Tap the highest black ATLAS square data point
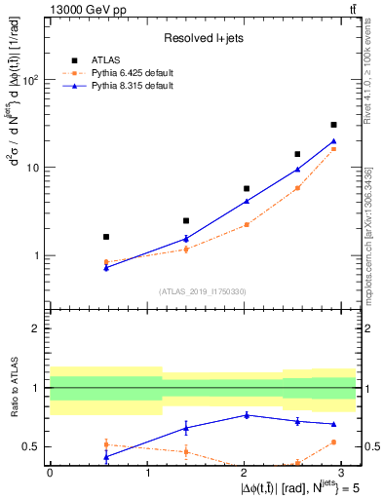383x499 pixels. pyautogui.click(x=333, y=125)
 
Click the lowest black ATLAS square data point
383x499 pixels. pyautogui.click(x=106, y=237)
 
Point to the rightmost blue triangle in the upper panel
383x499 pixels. pyautogui.click(x=333, y=141)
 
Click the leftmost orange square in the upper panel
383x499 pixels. pyautogui.click(x=106, y=262)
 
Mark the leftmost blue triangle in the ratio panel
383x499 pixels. pyautogui.click(x=106, y=456)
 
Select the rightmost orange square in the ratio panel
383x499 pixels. pyautogui.click(x=333, y=441)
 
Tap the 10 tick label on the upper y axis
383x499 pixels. pyautogui.click(x=34, y=168)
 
